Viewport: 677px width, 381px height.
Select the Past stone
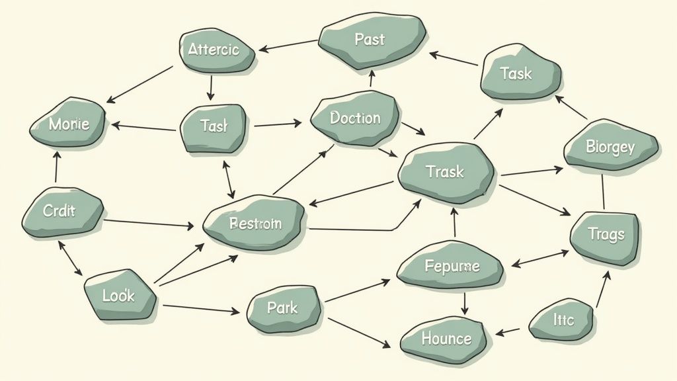370,40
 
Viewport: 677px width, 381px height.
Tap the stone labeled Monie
68,123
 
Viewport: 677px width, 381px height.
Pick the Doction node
356,118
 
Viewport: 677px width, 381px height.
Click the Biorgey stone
610,146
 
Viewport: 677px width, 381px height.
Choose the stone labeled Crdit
61,212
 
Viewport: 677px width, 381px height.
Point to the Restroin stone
254,223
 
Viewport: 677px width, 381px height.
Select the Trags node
605,235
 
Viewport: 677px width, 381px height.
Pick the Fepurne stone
450,267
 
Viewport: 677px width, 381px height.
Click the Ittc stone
562,321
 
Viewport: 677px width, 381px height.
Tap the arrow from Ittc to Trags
603,288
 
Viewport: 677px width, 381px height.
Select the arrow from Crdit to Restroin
148,223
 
